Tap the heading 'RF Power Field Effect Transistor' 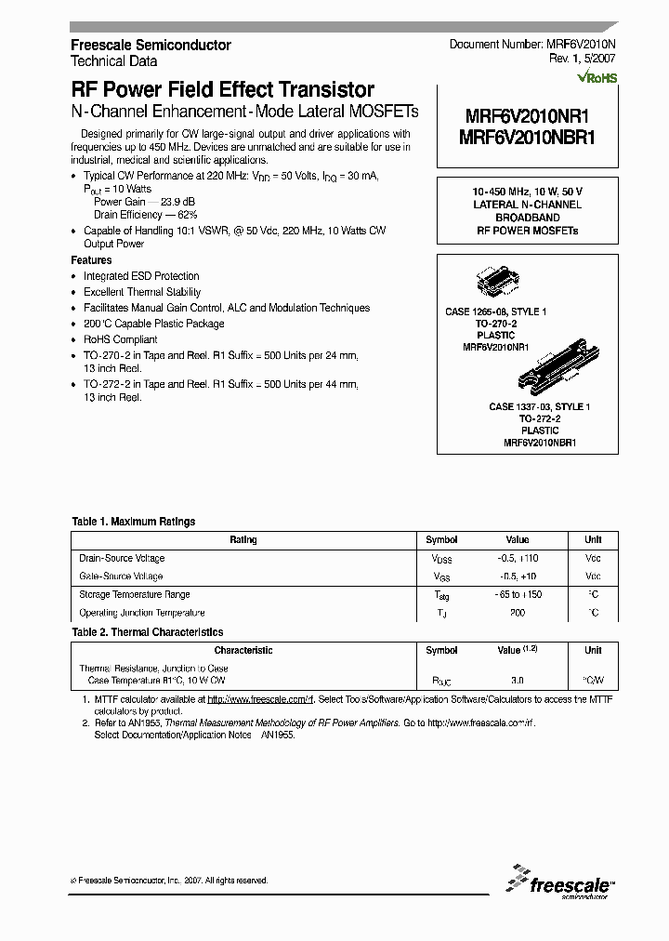click(x=223, y=90)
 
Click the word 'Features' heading click(x=91, y=260)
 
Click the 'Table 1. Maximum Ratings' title click(x=134, y=522)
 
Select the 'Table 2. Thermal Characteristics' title click(x=148, y=632)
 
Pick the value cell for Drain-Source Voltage click(x=518, y=558)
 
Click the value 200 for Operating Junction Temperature click(x=518, y=613)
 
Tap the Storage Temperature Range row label click(x=135, y=594)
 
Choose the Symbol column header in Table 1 click(x=441, y=539)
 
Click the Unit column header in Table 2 click(x=593, y=651)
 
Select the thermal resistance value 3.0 click(x=518, y=681)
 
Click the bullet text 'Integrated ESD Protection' click(x=141, y=276)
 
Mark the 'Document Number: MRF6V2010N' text click(x=533, y=45)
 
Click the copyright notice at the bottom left click(x=169, y=880)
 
